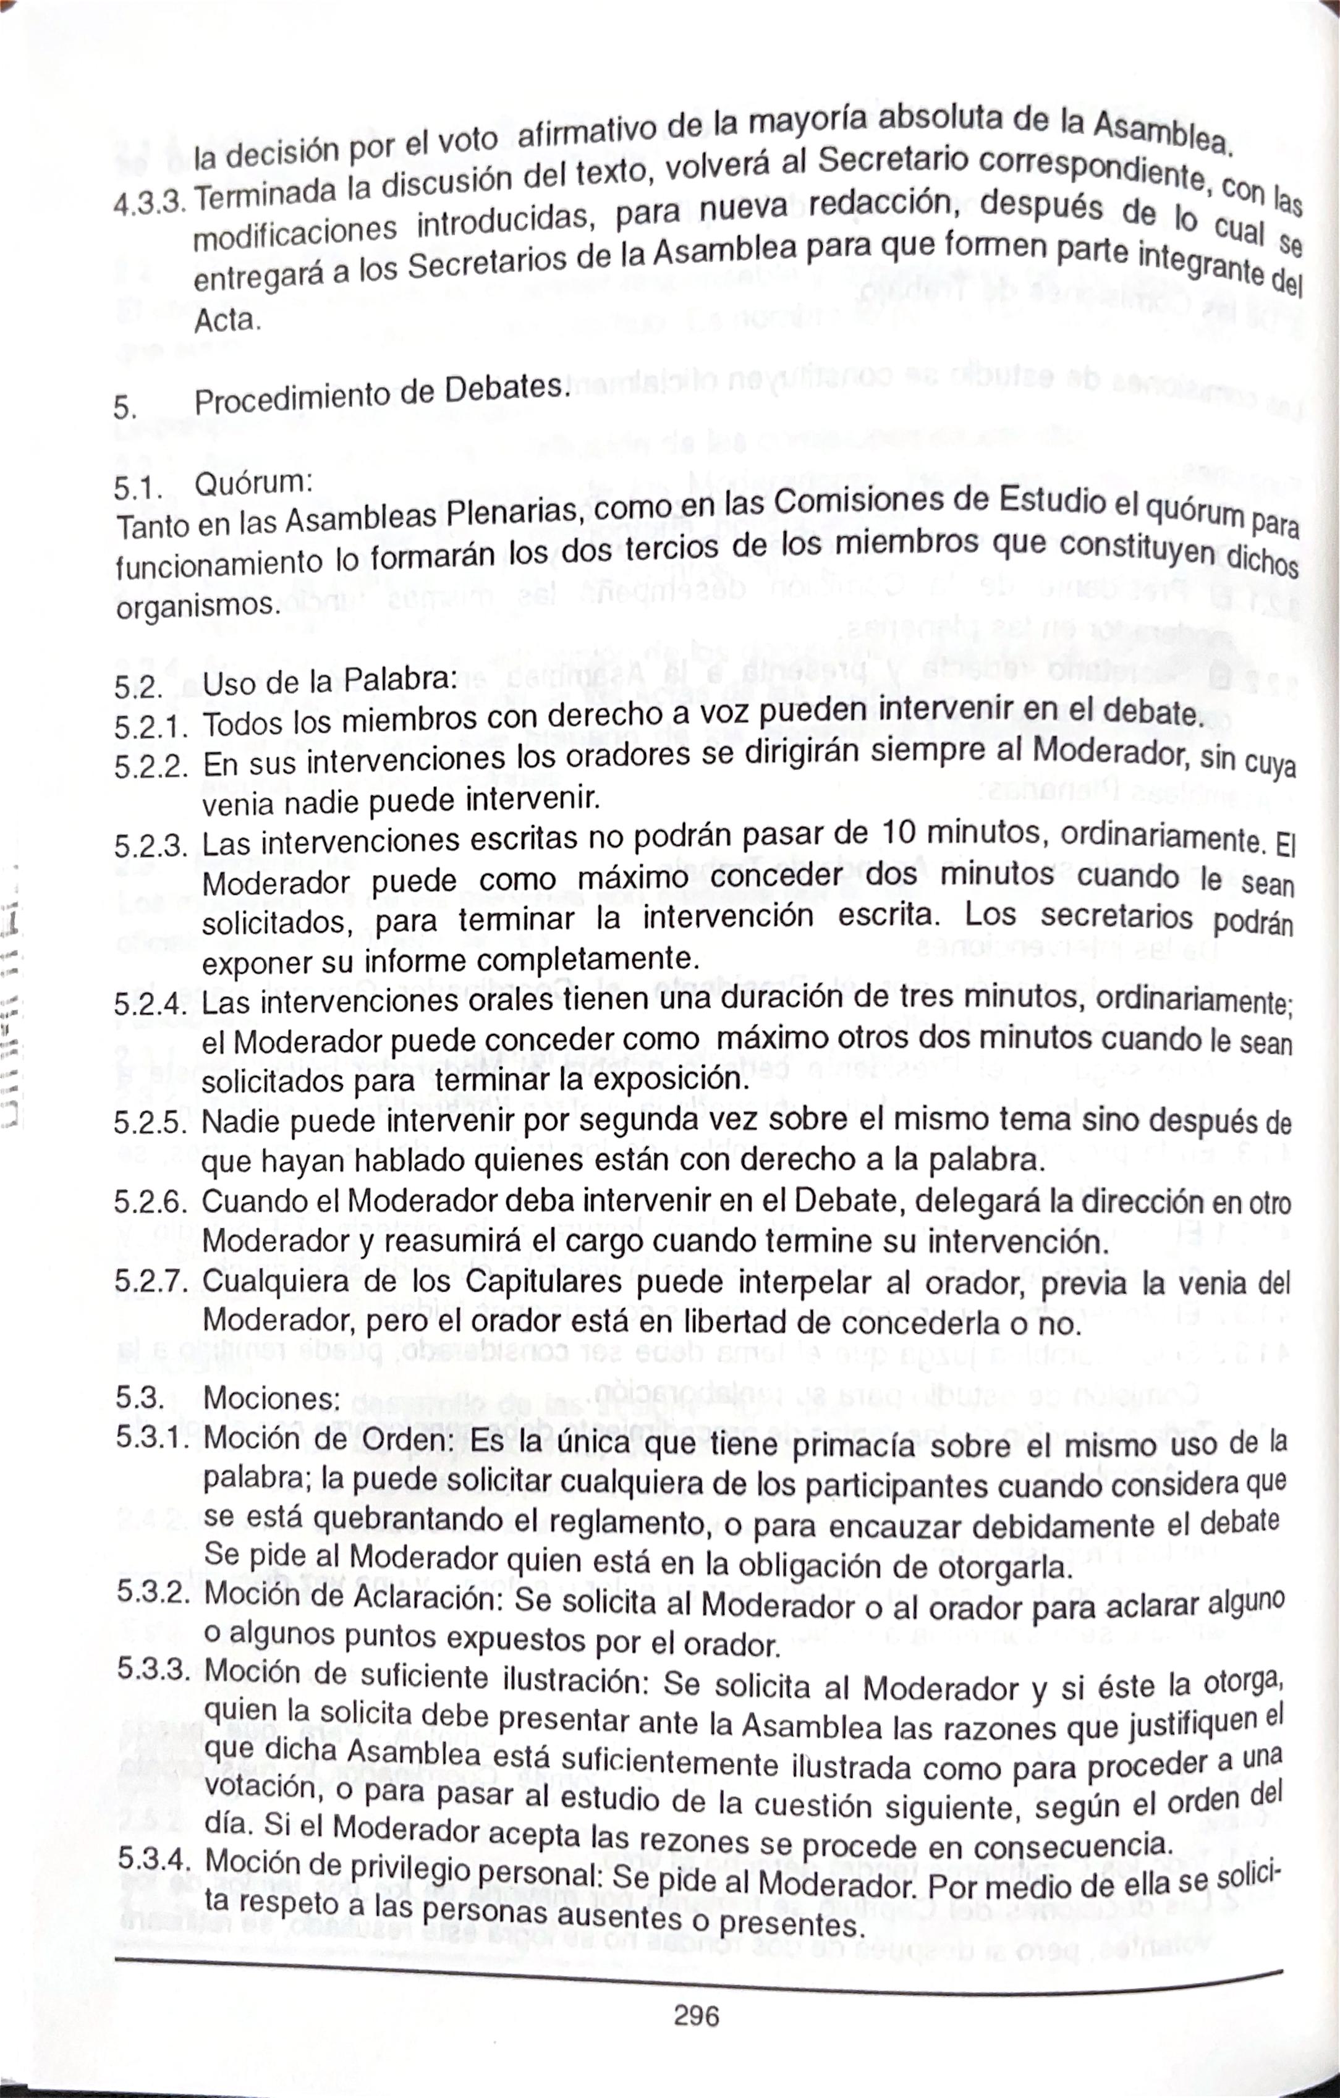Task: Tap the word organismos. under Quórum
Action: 198,604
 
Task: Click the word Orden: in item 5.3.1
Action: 408,1440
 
